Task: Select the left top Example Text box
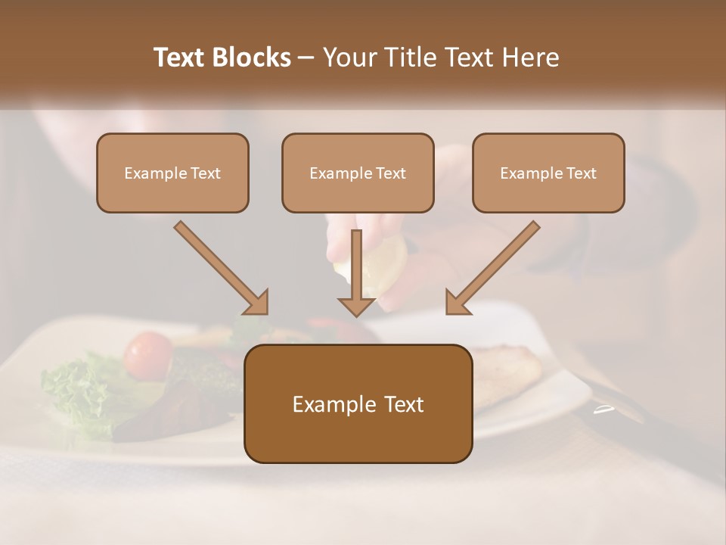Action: point(172,173)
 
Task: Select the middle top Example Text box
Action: point(358,173)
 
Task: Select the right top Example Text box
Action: point(548,173)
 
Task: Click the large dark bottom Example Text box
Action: point(358,404)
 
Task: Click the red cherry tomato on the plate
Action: point(148,355)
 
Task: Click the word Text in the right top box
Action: point(581,173)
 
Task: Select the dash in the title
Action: point(306,58)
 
